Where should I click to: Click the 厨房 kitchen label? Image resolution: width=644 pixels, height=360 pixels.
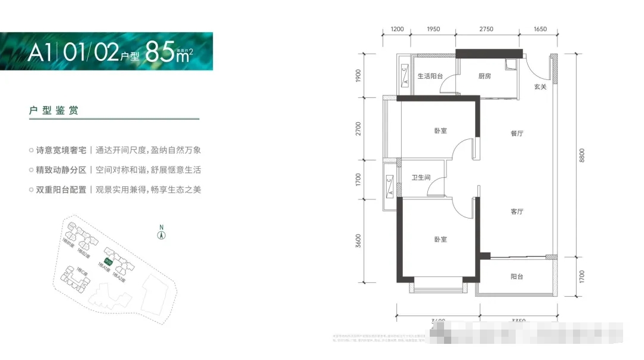pyautogui.click(x=484, y=76)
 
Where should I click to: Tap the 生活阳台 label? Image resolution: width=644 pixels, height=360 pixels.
pyautogui.click(x=429, y=76)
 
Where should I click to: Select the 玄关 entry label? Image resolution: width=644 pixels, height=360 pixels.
pyautogui.click(x=540, y=87)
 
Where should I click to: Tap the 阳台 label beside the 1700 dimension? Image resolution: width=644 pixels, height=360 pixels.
pyautogui.click(x=517, y=276)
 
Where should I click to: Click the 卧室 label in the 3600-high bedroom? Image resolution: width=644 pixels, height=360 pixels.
pyautogui.click(x=440, y=239)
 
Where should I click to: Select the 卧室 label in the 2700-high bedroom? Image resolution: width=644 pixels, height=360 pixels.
pyautogui.click(x=440, y=131)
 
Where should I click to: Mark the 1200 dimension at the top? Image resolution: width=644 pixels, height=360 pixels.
pyautogui.click(x=398, y=29)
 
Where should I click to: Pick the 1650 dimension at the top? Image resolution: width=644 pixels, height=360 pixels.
pyautogui.click(x=540, y=29)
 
